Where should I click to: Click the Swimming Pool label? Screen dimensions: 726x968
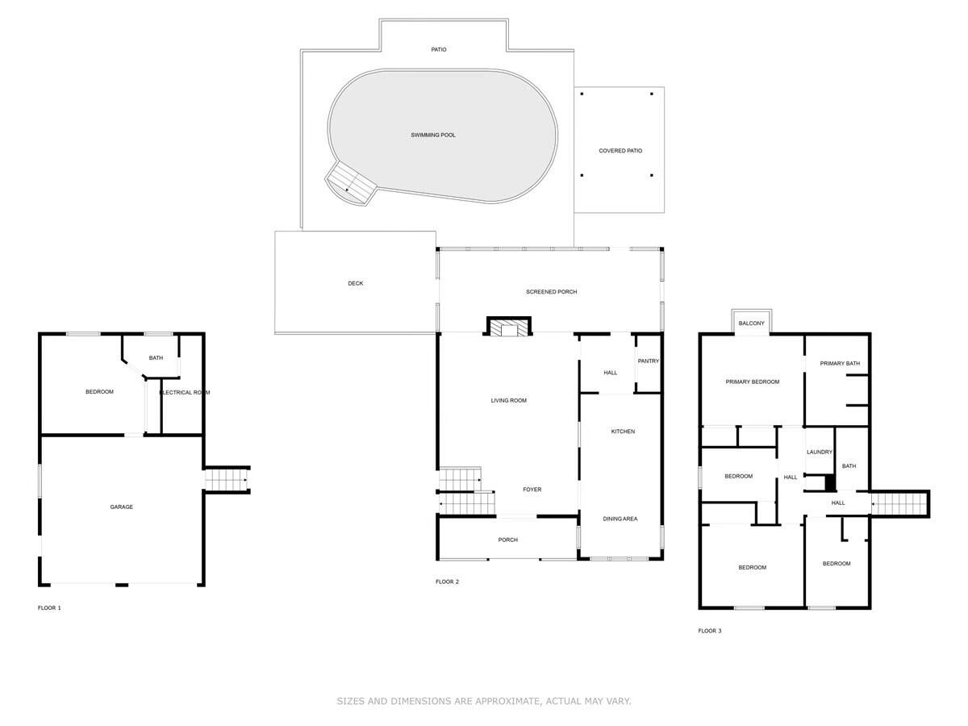point(433,135)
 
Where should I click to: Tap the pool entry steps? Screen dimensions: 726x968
point(350,183)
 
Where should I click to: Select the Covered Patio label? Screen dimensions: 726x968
point(620,151)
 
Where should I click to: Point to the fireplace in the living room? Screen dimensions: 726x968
point(509,327)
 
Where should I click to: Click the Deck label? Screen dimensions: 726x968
point(356,283)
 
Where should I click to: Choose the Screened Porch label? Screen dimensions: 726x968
point(551,291)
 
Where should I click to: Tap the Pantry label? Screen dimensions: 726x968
point(648,361)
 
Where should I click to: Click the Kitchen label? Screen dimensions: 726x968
point(622,432)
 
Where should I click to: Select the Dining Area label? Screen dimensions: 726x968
point(620,519)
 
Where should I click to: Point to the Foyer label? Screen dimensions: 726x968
point(532,490)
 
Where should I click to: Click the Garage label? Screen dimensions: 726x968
point(122,507)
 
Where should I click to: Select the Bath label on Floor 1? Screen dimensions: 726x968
point(156,357)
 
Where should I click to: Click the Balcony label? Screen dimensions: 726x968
point(751,323)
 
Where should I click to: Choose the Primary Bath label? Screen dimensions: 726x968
point(840,363)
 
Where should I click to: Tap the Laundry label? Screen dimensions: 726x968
point(819,452)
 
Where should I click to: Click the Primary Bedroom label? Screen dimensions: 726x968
point(752,382)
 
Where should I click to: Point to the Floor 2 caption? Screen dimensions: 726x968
point(447,582)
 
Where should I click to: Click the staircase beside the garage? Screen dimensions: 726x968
point(227,480)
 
